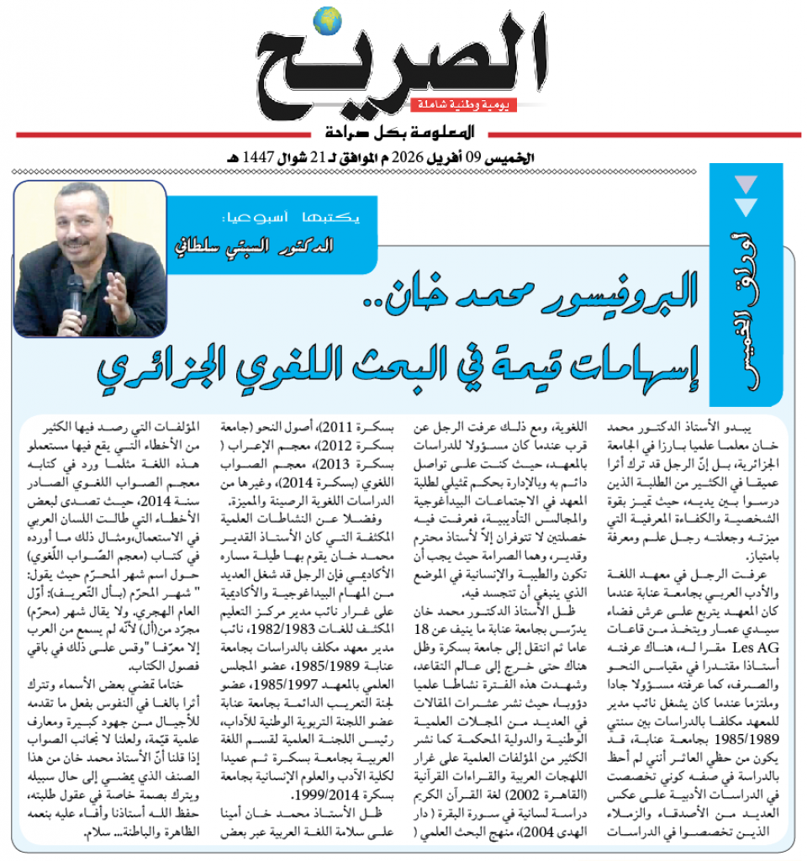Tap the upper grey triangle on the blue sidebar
click(x=746, y=182)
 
